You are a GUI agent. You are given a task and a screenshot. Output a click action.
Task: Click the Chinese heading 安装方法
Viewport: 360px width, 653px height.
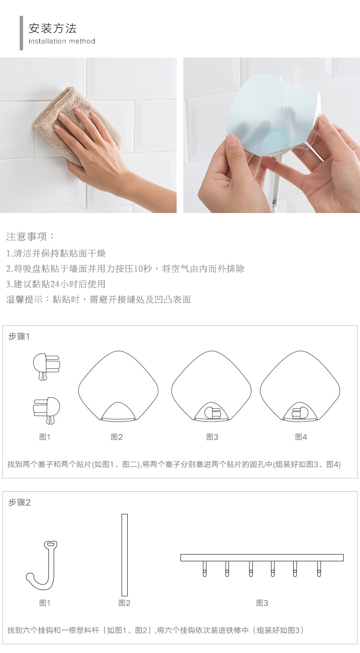coord(52,28)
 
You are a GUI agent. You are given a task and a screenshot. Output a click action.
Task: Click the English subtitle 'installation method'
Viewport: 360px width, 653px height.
coord(61,41)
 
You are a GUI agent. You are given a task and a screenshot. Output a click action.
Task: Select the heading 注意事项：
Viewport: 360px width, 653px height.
coord(31,236)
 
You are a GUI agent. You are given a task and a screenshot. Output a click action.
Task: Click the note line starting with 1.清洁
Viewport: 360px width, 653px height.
coord(56,253)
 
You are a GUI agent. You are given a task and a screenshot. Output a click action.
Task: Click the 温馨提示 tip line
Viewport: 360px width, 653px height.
coord(98,299)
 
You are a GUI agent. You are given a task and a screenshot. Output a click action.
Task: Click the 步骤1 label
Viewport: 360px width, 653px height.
coord(19,336)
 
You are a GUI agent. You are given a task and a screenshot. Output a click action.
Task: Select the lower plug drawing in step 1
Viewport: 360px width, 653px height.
coord(47,409)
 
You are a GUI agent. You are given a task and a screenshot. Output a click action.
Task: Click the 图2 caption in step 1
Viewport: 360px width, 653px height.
coord(117,437)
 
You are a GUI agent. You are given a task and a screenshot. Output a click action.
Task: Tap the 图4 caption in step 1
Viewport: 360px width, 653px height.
coord(301,437)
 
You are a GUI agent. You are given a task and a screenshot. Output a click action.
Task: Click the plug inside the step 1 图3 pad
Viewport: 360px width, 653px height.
coord(212,413)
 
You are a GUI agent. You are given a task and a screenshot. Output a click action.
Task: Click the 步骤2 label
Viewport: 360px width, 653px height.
coord(19,502)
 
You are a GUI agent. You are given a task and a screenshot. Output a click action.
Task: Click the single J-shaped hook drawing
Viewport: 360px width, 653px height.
coord(43,566)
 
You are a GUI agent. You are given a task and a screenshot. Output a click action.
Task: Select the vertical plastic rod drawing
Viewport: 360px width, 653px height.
coord(124,555)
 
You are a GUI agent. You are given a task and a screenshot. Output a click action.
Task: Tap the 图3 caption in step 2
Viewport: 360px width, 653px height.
coord(262,603)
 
